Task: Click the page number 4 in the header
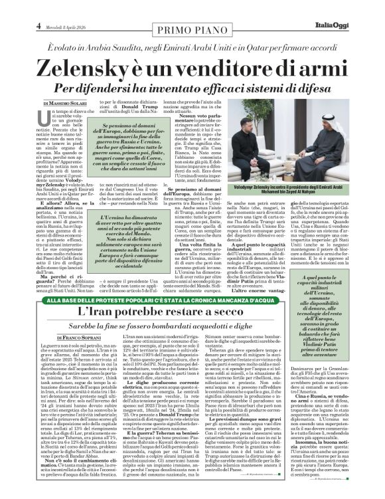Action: pyautogui.click(x=11, y=7)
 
